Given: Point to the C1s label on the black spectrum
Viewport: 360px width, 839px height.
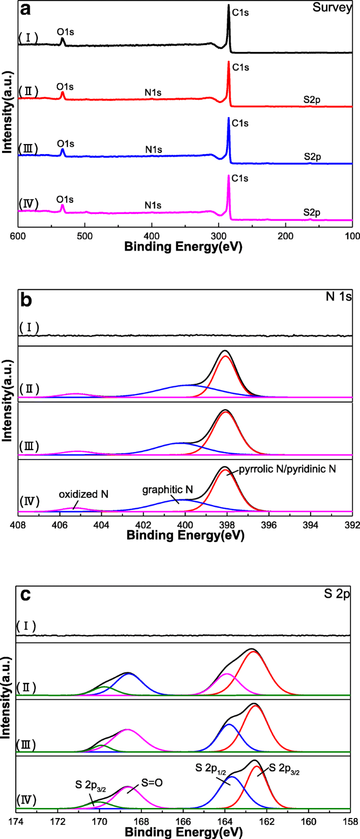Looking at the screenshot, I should coord(240,12).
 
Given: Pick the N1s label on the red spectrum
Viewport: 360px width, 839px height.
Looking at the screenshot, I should coord(153,93).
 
